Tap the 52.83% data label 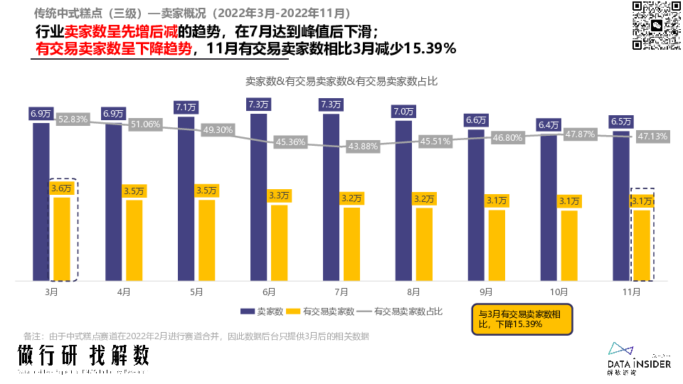[x=73, y=119]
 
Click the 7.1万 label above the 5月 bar [x=186, y=107]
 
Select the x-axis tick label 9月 [x=487, y=292]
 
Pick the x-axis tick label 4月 [x=123, y=292]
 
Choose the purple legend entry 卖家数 [x=263, y=311]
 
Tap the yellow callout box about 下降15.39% [x=523, y=319]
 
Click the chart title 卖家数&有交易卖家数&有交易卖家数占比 [x=341, y=81]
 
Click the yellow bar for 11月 [x=642, y=245]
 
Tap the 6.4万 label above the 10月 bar [x=549, y=125]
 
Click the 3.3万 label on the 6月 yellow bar [x=279, y=195]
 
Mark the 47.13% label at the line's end [x=650, y=137]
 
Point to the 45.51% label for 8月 [x=435, y=141]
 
